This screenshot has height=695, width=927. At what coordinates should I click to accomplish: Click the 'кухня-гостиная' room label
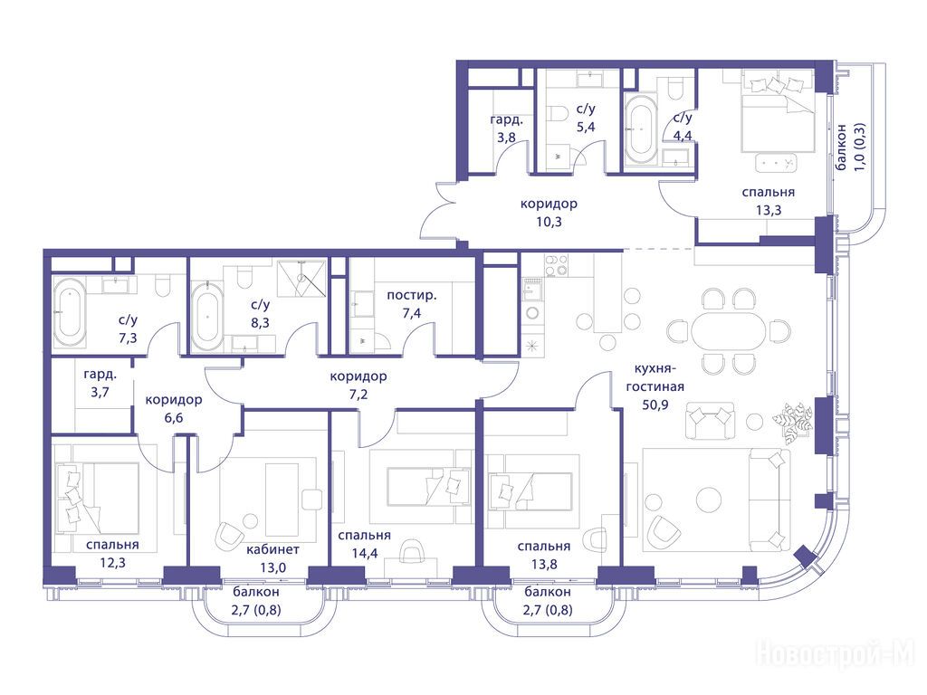pos(659,377)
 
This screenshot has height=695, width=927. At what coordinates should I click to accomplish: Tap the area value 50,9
pos(655,405)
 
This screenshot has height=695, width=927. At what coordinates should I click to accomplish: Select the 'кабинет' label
pos(272,549)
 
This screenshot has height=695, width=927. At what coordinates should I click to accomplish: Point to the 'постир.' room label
pos(412,295)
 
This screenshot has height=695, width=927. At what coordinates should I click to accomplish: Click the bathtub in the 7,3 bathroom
pos(70,312)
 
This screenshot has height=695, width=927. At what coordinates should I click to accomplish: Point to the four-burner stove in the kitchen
pos(557,265)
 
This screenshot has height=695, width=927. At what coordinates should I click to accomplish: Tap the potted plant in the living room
pos(791,420)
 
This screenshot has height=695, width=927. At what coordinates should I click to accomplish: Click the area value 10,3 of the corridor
pos(550,223)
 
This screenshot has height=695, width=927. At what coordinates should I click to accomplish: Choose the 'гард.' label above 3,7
pos(100,374)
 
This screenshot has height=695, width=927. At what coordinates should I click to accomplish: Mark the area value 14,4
pos(365,553)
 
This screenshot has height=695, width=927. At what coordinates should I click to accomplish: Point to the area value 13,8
pos(544,564)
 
